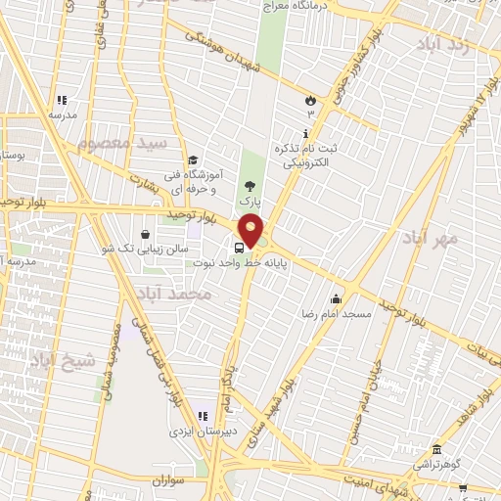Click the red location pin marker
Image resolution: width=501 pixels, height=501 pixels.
(x=251, y=230)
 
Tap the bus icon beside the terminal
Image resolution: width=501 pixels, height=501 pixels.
(x=241, y=246)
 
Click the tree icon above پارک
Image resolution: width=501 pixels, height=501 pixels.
(x=251, y=184)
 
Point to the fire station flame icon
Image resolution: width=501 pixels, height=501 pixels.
(x=310, y=99)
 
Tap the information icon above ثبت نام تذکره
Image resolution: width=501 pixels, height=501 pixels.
(x=306, y=133)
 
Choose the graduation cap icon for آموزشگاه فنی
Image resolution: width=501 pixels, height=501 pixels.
(x=193, y=159)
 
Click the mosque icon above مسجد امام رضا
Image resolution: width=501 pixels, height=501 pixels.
(x=336, y=298)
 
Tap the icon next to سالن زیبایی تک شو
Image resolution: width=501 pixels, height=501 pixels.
(x=146, y=235)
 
